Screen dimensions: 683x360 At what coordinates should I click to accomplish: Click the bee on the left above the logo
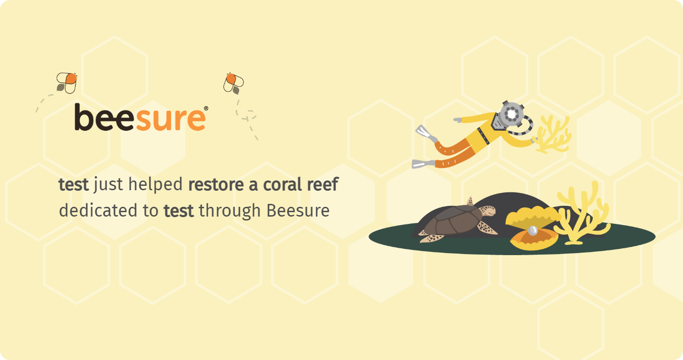point(67,83)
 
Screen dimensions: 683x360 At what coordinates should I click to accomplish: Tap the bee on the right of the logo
point(234,83)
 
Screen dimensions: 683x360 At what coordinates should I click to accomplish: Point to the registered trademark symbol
point(206,108)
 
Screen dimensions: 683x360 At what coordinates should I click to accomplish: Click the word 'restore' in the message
point(216,185)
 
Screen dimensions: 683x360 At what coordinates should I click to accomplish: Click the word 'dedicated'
point(98,210)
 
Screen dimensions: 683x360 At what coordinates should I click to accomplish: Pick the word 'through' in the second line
point(230,211)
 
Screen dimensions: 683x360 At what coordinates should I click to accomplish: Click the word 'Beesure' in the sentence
point(298,210)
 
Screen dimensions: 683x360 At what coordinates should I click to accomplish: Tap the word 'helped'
point(156,185)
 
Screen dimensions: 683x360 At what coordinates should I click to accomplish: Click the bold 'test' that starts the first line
point(74,185)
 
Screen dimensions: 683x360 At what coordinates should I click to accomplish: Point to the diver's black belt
point(483,136)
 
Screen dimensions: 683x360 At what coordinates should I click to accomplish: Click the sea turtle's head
point(487,211)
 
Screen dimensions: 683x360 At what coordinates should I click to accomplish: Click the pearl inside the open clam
point(533,230)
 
